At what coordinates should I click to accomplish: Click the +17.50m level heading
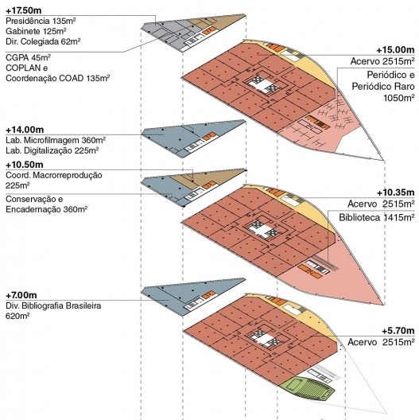(23, 10)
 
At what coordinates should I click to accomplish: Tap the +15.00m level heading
(395, 50)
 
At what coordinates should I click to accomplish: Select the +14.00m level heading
(25, 130)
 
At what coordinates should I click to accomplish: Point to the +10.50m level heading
(25, 165)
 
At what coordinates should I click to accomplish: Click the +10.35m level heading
(396, 192)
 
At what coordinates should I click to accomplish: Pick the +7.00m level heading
(21, 295)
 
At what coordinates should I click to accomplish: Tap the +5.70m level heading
(398, 331)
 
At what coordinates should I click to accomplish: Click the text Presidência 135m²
(41, 21)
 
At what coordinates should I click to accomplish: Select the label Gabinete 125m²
(36, 31)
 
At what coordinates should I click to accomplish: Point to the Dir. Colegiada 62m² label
(43, 41)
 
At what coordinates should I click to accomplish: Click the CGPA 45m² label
(28, 57)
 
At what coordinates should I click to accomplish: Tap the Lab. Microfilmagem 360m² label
(56, 140)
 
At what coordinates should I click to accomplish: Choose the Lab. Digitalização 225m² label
(52, 150)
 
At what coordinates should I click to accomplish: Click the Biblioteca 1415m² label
(377, 217)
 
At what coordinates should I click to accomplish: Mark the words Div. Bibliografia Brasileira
(53, 305)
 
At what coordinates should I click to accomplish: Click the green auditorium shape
(307, 388)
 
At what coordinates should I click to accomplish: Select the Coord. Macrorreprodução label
(54, 175)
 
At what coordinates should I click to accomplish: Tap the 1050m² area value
(399, 98)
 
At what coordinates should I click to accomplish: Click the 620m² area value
(17, 316)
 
